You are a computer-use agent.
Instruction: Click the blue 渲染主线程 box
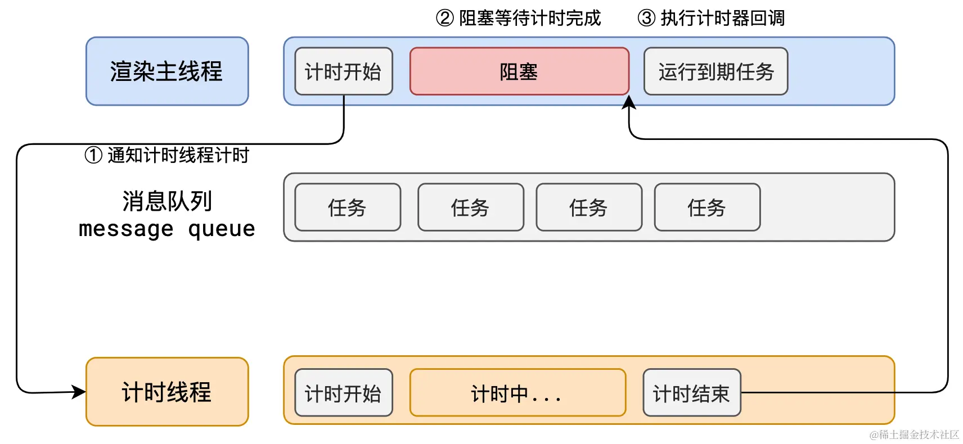point(167,71)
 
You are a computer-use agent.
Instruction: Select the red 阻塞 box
point(519,71)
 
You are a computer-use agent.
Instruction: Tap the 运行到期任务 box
point(715,71)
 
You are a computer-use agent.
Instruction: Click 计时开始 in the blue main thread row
point(343,71)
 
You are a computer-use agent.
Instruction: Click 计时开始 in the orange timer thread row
point(343,393)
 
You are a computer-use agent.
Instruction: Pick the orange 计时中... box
point(517,393)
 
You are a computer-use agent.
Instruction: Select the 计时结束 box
point(691,393)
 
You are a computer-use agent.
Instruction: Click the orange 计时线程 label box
point(167,392)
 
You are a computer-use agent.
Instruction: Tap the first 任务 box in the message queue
point(348,207)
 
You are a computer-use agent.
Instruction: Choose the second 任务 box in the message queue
point(470,207)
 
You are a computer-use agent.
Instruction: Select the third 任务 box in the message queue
point(589,207)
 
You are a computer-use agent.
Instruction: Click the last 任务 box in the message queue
point(707,207)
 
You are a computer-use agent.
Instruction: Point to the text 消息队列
point(167,201)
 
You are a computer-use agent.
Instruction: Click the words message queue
point(167,229)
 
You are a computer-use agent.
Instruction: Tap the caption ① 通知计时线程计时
point(167,155)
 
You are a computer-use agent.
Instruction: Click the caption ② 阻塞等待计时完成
point(519,18)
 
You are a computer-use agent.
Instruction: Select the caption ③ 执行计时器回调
point(711,18)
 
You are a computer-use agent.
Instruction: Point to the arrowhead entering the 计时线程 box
point(79,391)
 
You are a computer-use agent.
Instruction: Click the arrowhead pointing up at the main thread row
point(629,102)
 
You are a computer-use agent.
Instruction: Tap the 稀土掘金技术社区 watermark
point(914,434)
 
